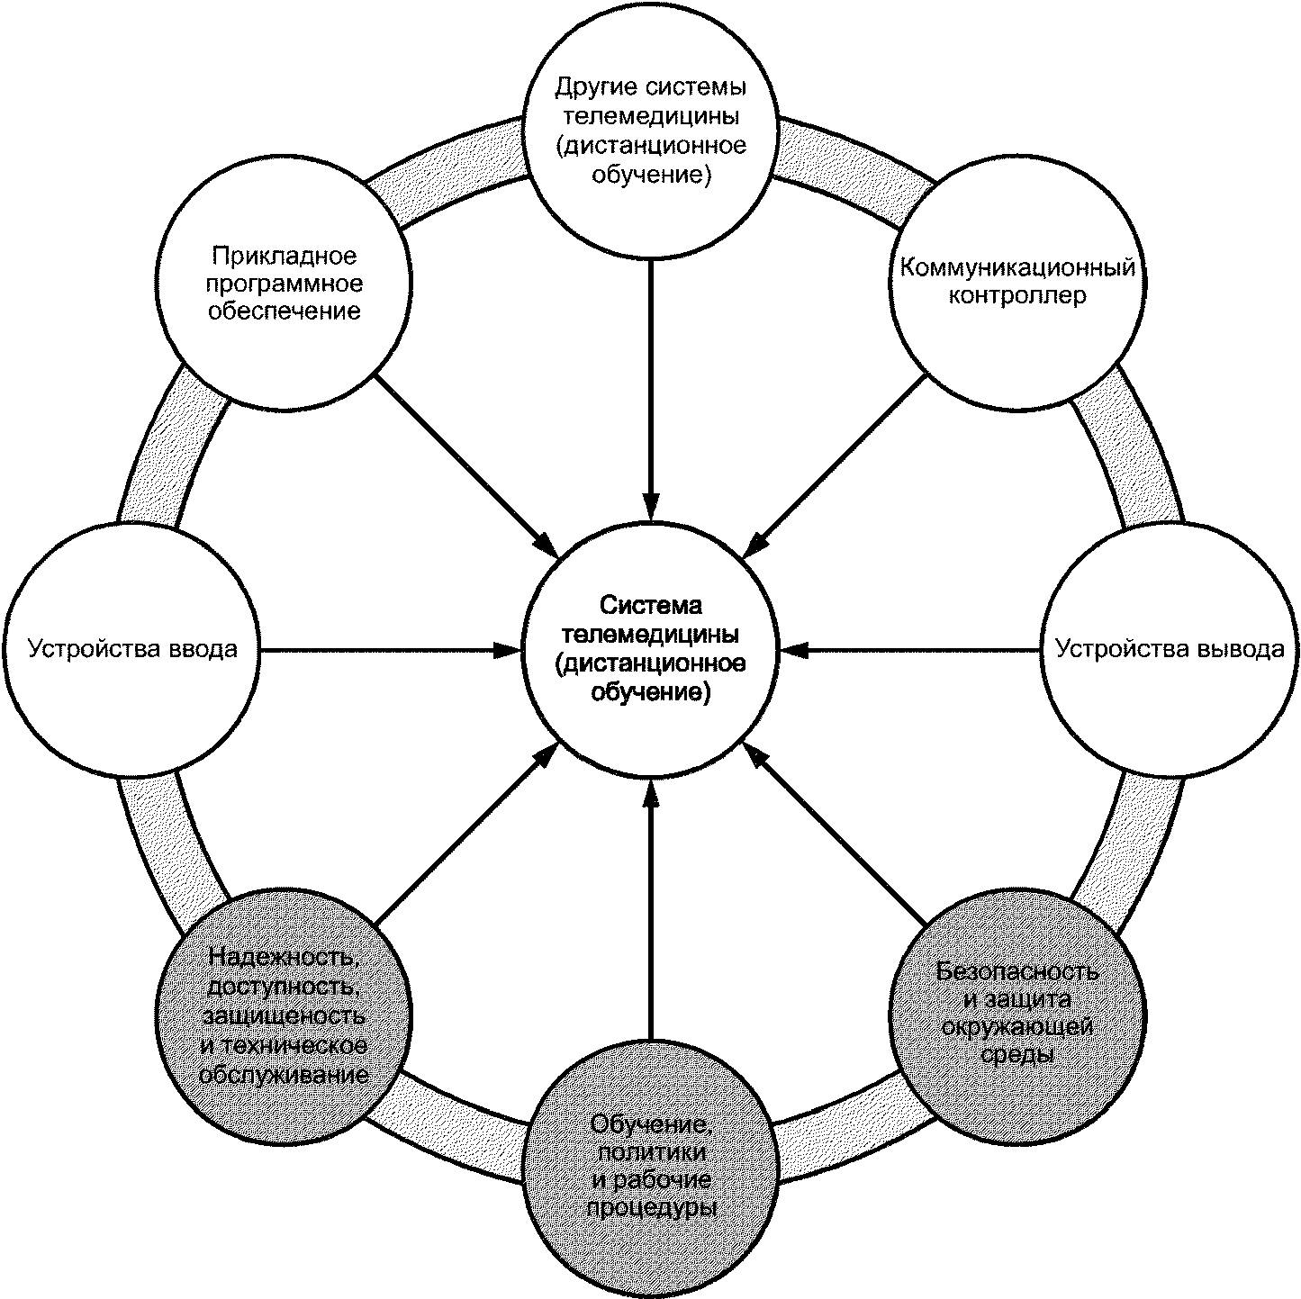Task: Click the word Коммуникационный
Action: (1016, 267)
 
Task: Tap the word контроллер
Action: (1016, 296)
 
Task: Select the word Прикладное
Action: (284, 257)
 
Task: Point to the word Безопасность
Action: (1016, 971)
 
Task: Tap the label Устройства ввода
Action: (132, 649)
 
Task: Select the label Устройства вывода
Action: (1170, 649)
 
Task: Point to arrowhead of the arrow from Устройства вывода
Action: (792, 649)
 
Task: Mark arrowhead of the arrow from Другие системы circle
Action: (651, 507)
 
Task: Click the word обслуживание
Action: (284, 1076)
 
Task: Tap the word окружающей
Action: (1016, 1027)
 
